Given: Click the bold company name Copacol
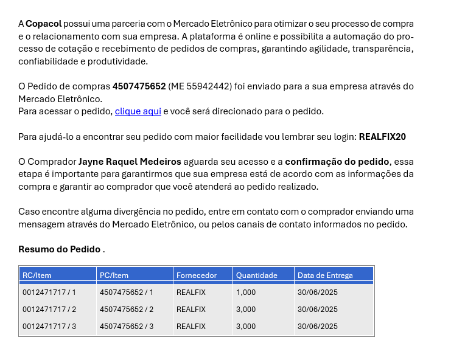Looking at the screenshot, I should click(43, 24).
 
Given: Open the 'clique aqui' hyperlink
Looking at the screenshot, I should click(138, 111).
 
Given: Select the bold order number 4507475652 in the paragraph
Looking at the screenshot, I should click(139, 86).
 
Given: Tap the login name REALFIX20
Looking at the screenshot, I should click(382, 137).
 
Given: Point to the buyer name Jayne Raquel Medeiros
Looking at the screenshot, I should click(130, 162).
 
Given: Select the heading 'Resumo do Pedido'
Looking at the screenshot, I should click(59, 249).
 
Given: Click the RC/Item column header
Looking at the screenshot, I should click(37, 275).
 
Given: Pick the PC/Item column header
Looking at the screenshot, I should click(114, 275).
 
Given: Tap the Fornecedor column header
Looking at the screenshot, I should click(197, 275).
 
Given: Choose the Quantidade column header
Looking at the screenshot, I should click(257, 275).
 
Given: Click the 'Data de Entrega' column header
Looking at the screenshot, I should click(325, 275).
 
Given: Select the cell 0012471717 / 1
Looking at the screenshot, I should click(49, 292).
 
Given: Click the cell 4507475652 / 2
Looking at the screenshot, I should click(127, 310).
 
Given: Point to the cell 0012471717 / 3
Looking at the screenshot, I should click(49, 327).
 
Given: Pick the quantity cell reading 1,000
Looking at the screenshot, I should click(246, 292).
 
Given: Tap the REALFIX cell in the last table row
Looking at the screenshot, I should click(191, 327).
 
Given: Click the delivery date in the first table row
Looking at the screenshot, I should click(318, 292).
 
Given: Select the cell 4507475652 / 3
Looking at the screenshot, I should click(127, 327).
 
